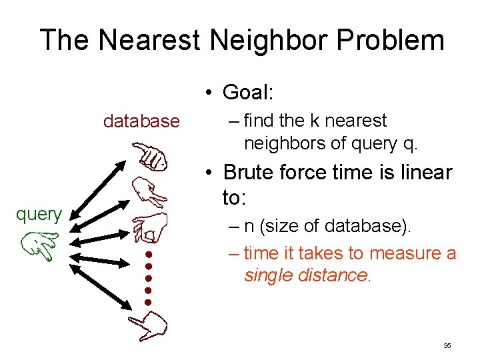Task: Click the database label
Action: pyautogui.click(x=141, y=121)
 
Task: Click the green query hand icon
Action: pyautogui.click(x=39, y=245)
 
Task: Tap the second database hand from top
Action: pyautogui.click(x=149, y=193)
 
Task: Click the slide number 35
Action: pyautogui.click(x=447, y=346)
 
